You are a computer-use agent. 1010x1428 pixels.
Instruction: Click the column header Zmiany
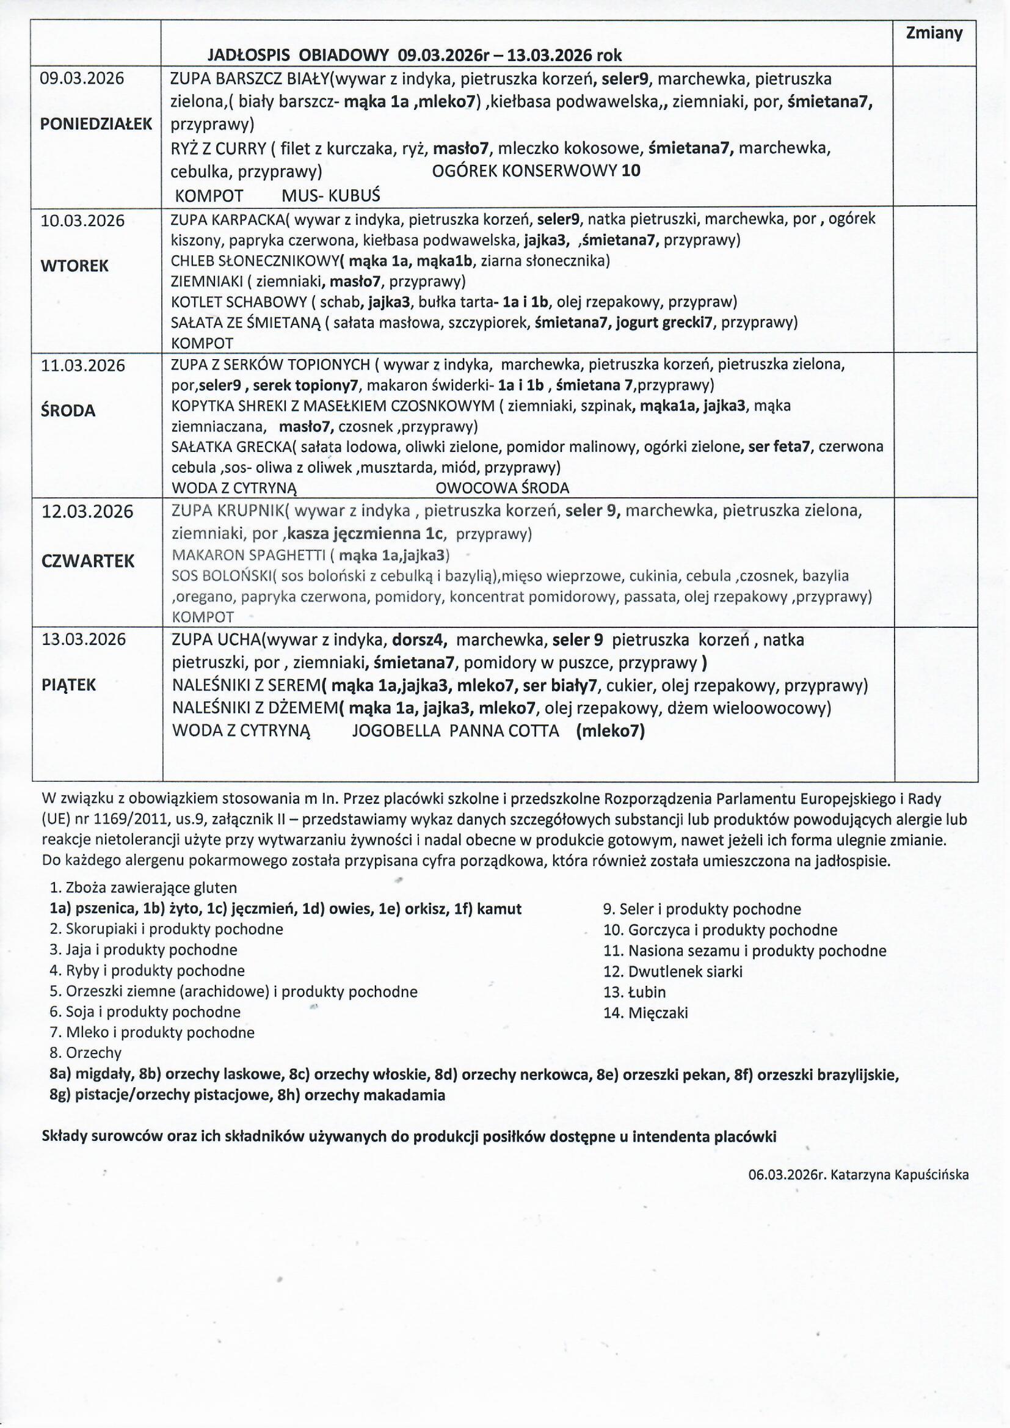[934, 33]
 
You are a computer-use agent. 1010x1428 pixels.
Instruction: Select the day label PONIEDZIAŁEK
[96, 124]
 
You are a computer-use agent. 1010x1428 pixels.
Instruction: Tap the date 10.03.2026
[82, 220]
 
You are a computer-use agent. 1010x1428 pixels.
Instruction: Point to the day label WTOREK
[74, 266]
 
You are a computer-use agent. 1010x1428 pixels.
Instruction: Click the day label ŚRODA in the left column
[68, 410]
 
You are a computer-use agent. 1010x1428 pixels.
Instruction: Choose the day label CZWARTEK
[88, 561]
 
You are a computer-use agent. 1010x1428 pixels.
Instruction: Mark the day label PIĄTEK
[68, 685]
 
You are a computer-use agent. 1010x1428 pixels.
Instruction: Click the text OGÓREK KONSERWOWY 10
[536, 171]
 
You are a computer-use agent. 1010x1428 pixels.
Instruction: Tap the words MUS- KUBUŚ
[330, 196]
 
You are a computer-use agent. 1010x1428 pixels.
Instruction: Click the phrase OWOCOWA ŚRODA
[502, 488]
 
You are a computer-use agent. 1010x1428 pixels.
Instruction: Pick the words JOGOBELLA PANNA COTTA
[456, 730]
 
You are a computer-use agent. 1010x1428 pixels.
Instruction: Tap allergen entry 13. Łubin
[634, 992]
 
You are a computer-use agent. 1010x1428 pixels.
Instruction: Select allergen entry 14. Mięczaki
[645, 1013]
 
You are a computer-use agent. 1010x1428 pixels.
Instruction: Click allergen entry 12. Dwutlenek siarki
[672, 972]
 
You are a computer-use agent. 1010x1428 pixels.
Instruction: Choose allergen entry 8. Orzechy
[85, 1053]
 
